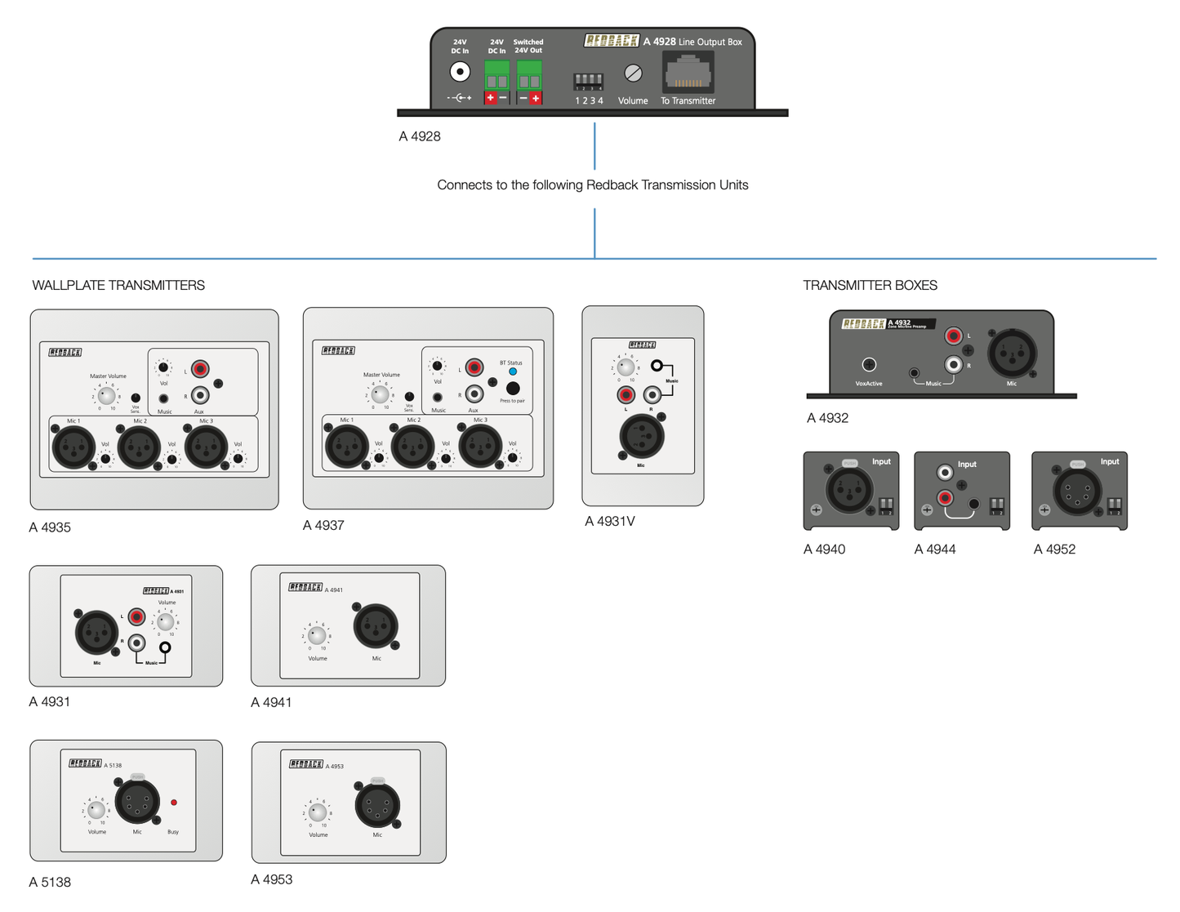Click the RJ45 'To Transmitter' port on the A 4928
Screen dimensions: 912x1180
688,73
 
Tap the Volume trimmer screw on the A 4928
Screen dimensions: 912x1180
633,73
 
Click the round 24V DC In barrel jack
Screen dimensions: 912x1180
460,72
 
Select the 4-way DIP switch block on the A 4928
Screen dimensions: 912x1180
588,81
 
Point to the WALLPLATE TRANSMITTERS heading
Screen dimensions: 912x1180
118,285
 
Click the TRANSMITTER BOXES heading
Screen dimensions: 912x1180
870,285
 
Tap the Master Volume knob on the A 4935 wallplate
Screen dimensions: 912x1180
106,395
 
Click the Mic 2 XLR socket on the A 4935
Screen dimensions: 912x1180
139,447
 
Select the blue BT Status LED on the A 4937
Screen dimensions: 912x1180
513,371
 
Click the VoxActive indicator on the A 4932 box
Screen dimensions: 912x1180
869,365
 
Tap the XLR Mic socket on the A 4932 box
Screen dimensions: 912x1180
1012,354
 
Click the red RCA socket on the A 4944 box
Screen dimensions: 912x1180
945,496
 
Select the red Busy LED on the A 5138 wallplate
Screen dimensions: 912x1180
173,803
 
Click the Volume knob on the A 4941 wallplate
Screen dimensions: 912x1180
318,635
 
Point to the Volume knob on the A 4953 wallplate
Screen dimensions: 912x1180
318,812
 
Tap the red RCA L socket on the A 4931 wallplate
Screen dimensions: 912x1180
137,616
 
